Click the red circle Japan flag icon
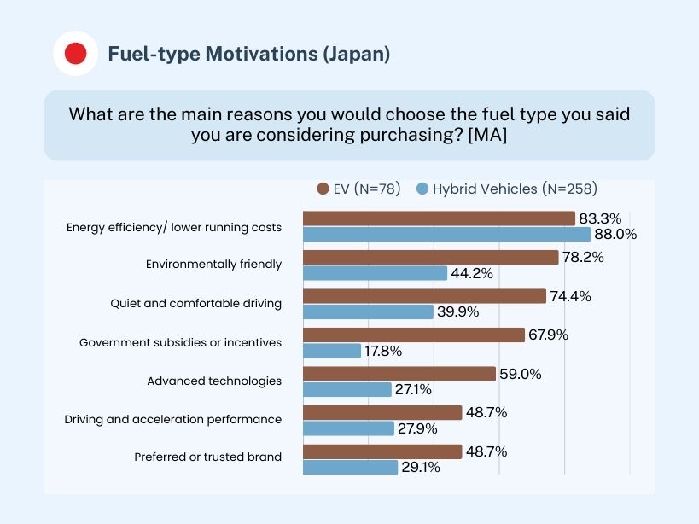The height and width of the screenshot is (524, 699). pyautogui.click(x=75, y=54)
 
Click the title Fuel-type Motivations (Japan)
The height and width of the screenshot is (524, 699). pyautogui.click(x=248, y=54)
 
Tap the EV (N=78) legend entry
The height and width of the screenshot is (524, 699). pyautogui.click(x=358, y=189)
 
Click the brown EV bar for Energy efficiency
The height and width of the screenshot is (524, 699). pyautogui.click(x=439, y=218)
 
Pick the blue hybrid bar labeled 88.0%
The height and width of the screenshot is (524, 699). pyautogui.click(x=446, y=234)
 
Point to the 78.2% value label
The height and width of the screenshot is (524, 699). pyautogui.click(x=582, y=257)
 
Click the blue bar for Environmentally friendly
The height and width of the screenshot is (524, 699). pyautogui.click(x=376, y=273)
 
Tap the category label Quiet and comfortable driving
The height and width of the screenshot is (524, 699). pyautogui.click(x=195, y=303)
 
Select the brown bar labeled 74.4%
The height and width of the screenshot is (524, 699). pyautogui.click(x=424, y=296)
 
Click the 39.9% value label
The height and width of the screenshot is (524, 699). pyautogui.click(x=457, y=311)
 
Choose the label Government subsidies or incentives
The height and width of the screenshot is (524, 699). pyautogui.click(x=180, y=342)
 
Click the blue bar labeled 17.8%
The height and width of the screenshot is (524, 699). pyautogui.click(x=332, y=351)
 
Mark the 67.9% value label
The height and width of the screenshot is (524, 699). pyautogui.click(x=548, y=335)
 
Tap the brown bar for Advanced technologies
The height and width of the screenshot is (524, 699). pyautogui.click(x=399, y=374)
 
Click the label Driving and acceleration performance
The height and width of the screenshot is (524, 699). pyautogui.click(x=173, y=420)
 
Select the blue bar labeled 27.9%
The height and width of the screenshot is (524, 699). pyautogui.click(x=348, y=428)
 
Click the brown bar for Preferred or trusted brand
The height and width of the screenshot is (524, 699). pyautogui.click(x=382, y=451)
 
